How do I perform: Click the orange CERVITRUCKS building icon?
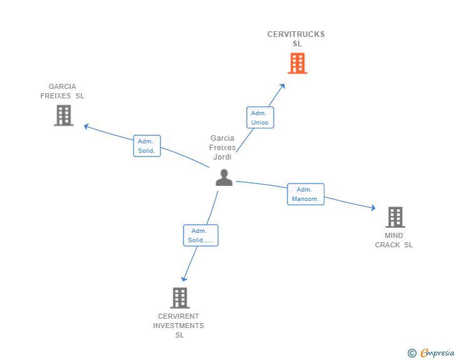point(297,63)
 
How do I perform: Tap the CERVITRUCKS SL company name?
point(296,39)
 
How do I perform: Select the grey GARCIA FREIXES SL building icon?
point(64,115)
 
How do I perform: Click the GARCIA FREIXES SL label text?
point(62,91)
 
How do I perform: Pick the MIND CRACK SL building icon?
point(395,217)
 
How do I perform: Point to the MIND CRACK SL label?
point(394,240)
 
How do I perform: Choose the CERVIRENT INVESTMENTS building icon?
point(180,298)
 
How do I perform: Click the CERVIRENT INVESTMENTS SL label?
point(179,326)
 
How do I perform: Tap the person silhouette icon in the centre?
point(224,177)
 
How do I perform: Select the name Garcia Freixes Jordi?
point(222,147)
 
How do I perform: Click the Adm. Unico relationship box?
point(260,118)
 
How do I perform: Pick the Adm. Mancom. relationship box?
point(306,194)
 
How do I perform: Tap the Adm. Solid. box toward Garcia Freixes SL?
point(147,146)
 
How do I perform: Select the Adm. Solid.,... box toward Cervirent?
point(200,235)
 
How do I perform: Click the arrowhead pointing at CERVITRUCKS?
point(282,86)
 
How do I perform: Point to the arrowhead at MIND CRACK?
point(373,208)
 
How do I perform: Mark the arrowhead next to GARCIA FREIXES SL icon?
point(86,126)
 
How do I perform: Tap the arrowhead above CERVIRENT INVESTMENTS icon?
point(184,279)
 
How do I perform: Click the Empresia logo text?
point(437,352)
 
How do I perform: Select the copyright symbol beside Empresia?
point(412,353)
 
